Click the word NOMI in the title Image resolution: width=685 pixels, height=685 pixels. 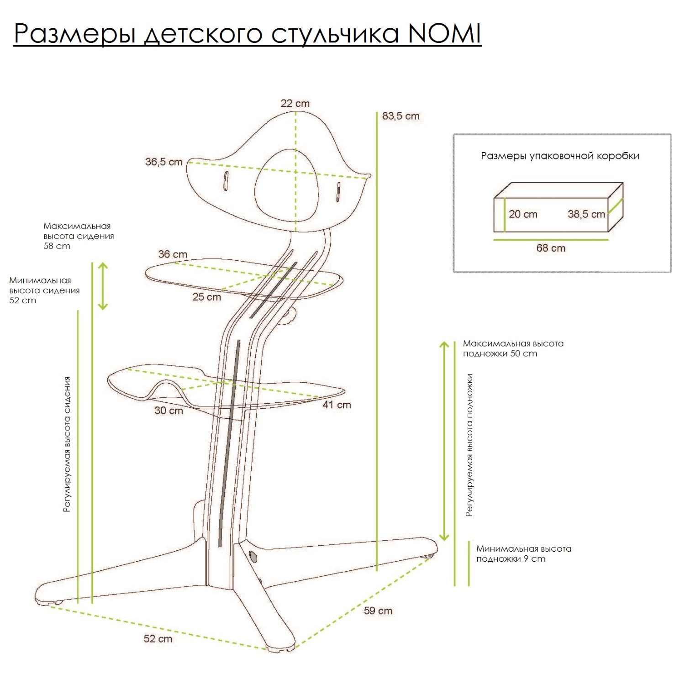[444, 33]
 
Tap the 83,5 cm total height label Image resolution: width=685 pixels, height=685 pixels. [400, 116]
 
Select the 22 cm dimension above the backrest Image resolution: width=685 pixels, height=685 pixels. [295, 104]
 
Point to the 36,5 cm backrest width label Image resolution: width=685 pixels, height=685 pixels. [164, 162]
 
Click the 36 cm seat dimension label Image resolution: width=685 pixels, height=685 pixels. [173, 254]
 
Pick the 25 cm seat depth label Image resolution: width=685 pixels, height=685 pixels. [206, 297]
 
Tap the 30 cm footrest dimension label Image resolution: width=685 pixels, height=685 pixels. [169, 411]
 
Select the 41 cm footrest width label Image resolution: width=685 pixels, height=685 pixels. [337, 405]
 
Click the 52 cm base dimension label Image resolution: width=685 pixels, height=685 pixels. [158, 638]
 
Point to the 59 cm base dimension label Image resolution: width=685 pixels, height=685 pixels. [378, 611]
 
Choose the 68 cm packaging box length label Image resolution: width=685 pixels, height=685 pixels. [551, 248]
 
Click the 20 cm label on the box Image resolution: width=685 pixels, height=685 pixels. [523, 214]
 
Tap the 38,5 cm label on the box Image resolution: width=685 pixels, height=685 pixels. [586, 214]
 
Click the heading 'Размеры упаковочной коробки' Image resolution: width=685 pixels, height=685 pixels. [560, 156]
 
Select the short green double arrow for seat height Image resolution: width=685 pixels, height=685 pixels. [103, 286]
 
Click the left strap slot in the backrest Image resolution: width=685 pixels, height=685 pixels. [225, 181]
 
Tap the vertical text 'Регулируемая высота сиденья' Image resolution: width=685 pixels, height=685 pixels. [67, 444]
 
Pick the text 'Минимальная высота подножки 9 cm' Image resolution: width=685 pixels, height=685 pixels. [523, 553]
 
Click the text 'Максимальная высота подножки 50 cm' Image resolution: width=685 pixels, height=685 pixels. [513, 348]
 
